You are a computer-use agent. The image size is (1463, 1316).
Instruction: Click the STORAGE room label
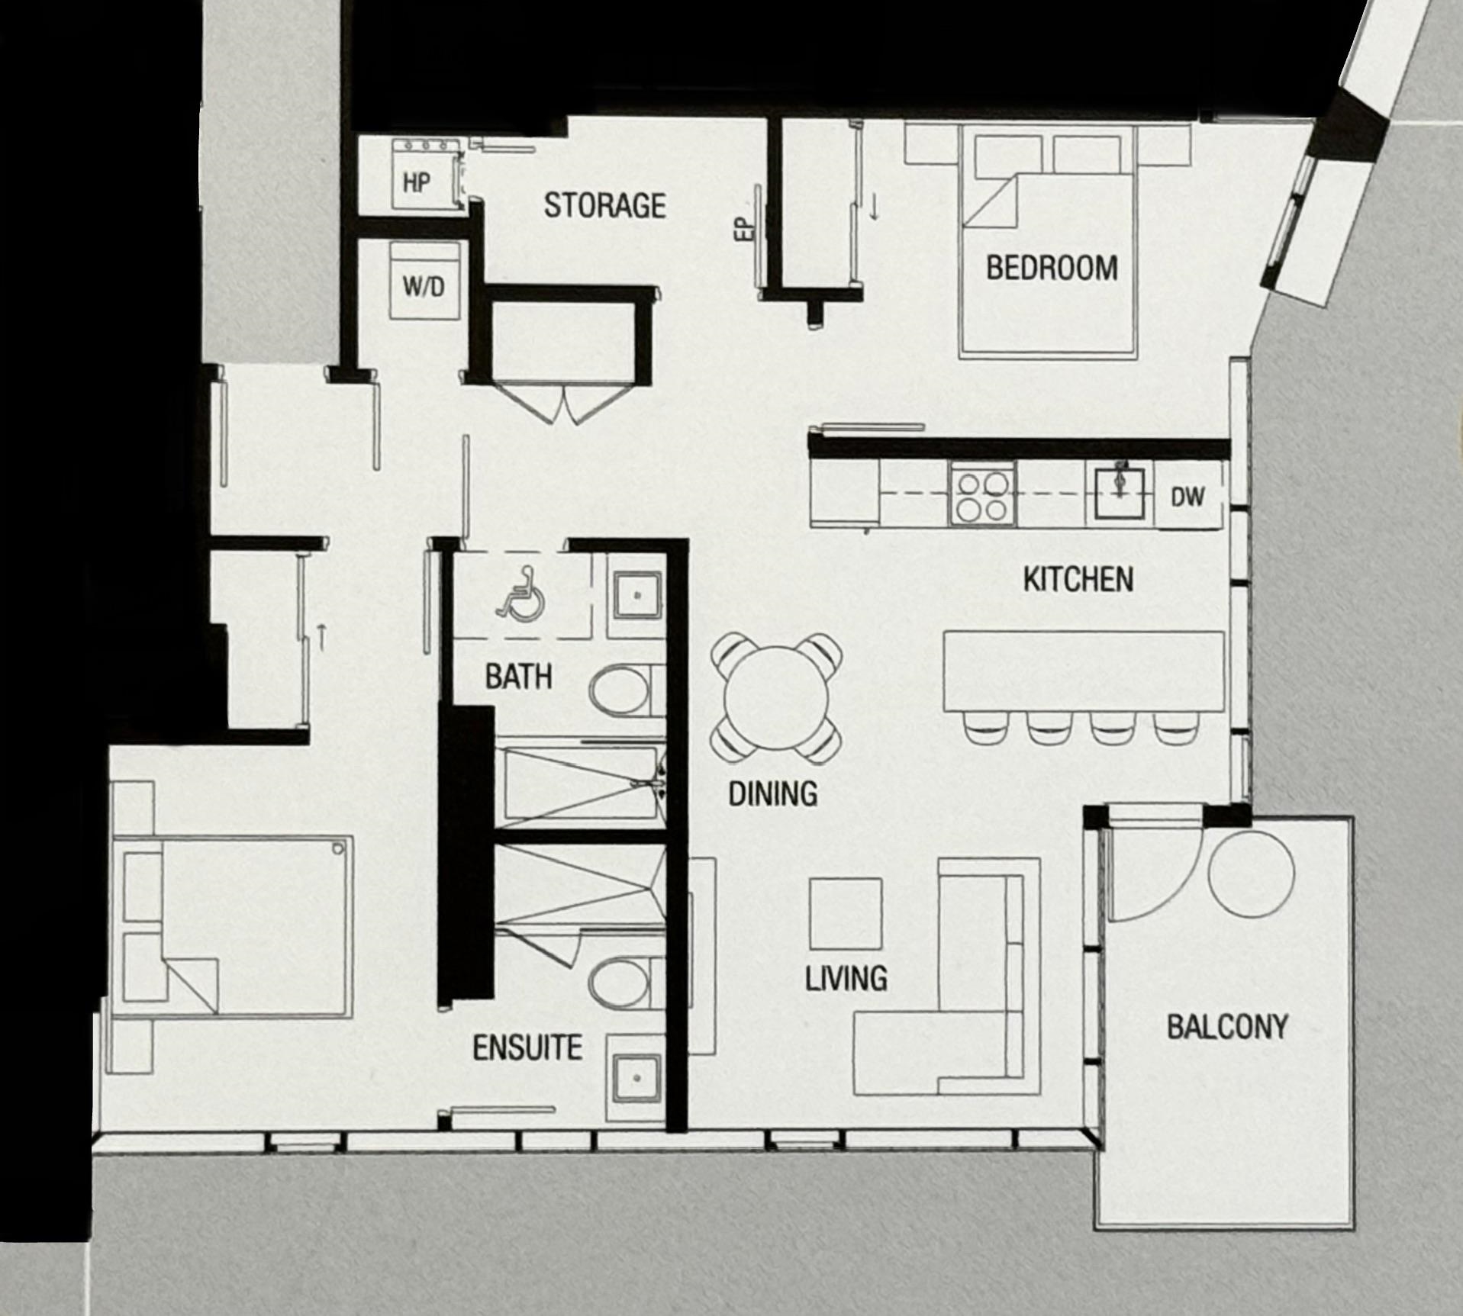(604, 205)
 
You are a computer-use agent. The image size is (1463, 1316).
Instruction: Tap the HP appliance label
(416, 182)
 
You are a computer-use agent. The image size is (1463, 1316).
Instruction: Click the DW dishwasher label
(1187, 497)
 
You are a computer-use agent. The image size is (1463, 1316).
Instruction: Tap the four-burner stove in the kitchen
(983, 497)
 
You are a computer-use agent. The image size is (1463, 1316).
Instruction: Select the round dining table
(777, 697)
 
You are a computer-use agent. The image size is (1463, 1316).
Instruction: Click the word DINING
(772, 794)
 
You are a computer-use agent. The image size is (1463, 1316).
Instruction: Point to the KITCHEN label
(1078, 580)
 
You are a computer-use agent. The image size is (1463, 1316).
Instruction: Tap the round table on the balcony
(1251, 874)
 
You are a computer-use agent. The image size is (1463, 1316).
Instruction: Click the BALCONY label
(1227, 1027)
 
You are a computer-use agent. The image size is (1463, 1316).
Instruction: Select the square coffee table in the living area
(846, 914)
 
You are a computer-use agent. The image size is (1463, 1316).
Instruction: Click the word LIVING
(846, 978)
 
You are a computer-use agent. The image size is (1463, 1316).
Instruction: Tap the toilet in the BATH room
(626, 690)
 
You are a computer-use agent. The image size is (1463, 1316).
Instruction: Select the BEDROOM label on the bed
(1052, 268)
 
